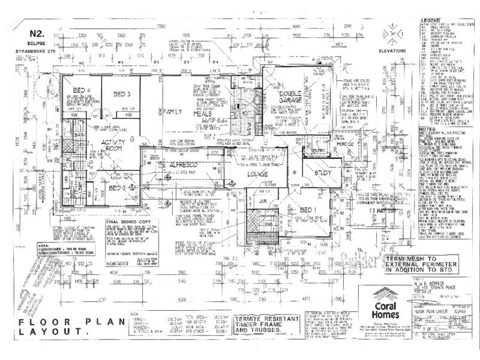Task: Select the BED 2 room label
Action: [118, 187]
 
